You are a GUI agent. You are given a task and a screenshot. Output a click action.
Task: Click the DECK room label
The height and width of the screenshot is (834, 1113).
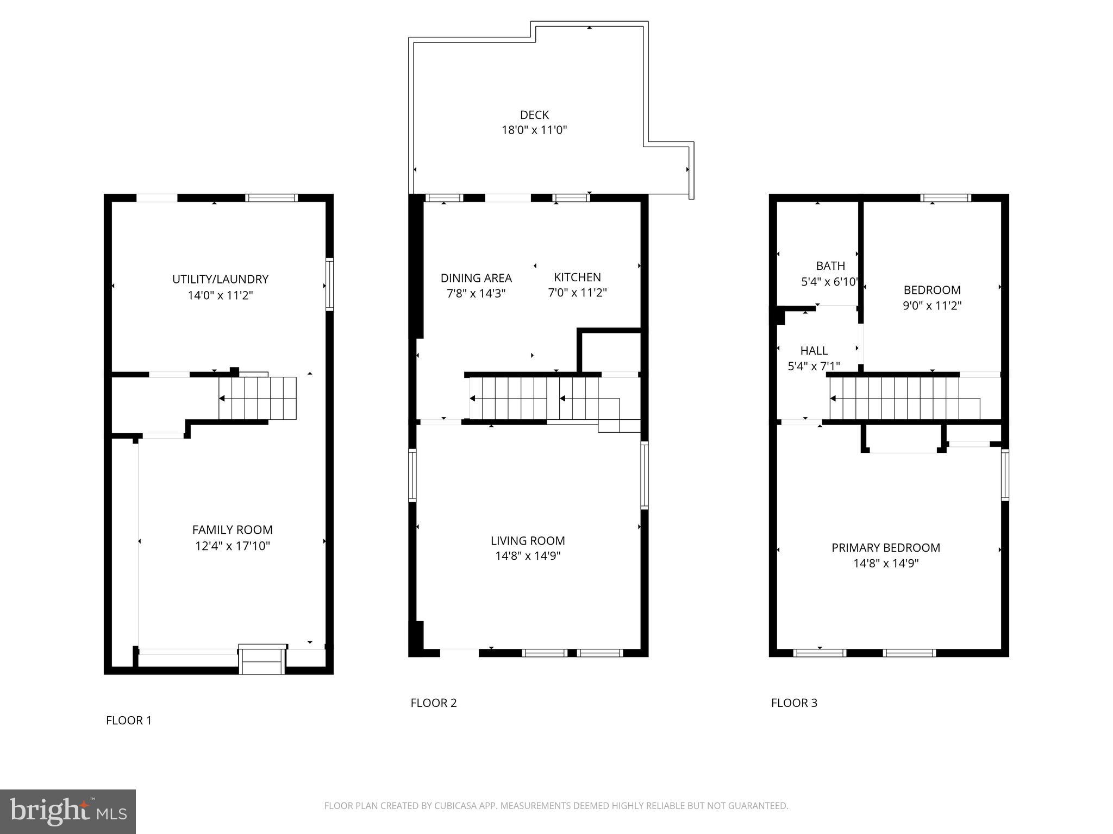[x=534, y=115]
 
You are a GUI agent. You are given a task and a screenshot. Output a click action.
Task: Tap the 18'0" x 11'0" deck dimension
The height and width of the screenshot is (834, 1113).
[x=534, y=130]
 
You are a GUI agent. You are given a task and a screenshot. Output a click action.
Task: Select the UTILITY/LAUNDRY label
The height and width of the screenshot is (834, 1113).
[x=220, y=279]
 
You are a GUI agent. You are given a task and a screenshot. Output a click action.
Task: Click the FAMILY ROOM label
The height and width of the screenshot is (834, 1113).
[x=232, y=530]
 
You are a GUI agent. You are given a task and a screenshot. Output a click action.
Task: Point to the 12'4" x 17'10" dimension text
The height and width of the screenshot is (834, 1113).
[x=232, y=546]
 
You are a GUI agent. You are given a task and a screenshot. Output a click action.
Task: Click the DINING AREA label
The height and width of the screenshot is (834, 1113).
[x=476, y=278]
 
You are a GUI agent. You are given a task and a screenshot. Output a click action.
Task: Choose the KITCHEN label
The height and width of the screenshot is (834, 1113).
[x=577, y=277]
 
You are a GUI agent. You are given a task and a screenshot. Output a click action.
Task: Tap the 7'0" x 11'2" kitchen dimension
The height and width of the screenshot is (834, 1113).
[x=577, y=293]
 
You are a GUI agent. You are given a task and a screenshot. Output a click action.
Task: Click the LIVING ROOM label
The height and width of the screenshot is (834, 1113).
[x=528, y=541]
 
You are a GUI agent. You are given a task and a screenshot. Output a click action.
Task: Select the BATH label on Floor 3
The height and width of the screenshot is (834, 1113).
[x=830, y=266]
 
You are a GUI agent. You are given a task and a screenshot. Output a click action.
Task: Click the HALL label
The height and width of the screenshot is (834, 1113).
[x=814, y=351]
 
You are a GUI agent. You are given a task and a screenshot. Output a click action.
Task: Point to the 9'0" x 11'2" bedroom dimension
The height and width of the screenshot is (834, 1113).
[x=932, y=306]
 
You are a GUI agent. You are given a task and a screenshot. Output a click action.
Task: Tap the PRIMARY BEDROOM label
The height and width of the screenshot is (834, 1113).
[x=885, y=548]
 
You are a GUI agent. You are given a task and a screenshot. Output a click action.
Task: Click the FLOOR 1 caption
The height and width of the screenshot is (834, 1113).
[x=129, y=721]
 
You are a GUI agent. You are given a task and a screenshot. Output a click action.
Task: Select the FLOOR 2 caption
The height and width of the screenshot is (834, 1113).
[x=433, y=703]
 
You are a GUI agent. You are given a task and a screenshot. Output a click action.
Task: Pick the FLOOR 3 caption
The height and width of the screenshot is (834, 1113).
[x=794, y=703]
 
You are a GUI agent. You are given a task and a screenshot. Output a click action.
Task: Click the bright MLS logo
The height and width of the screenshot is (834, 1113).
[x=68, y=812]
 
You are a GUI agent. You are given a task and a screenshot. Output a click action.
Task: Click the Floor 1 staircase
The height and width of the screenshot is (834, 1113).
[x=258, y=399]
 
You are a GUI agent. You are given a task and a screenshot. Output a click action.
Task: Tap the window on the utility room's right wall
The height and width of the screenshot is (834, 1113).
[x=329, y=284]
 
